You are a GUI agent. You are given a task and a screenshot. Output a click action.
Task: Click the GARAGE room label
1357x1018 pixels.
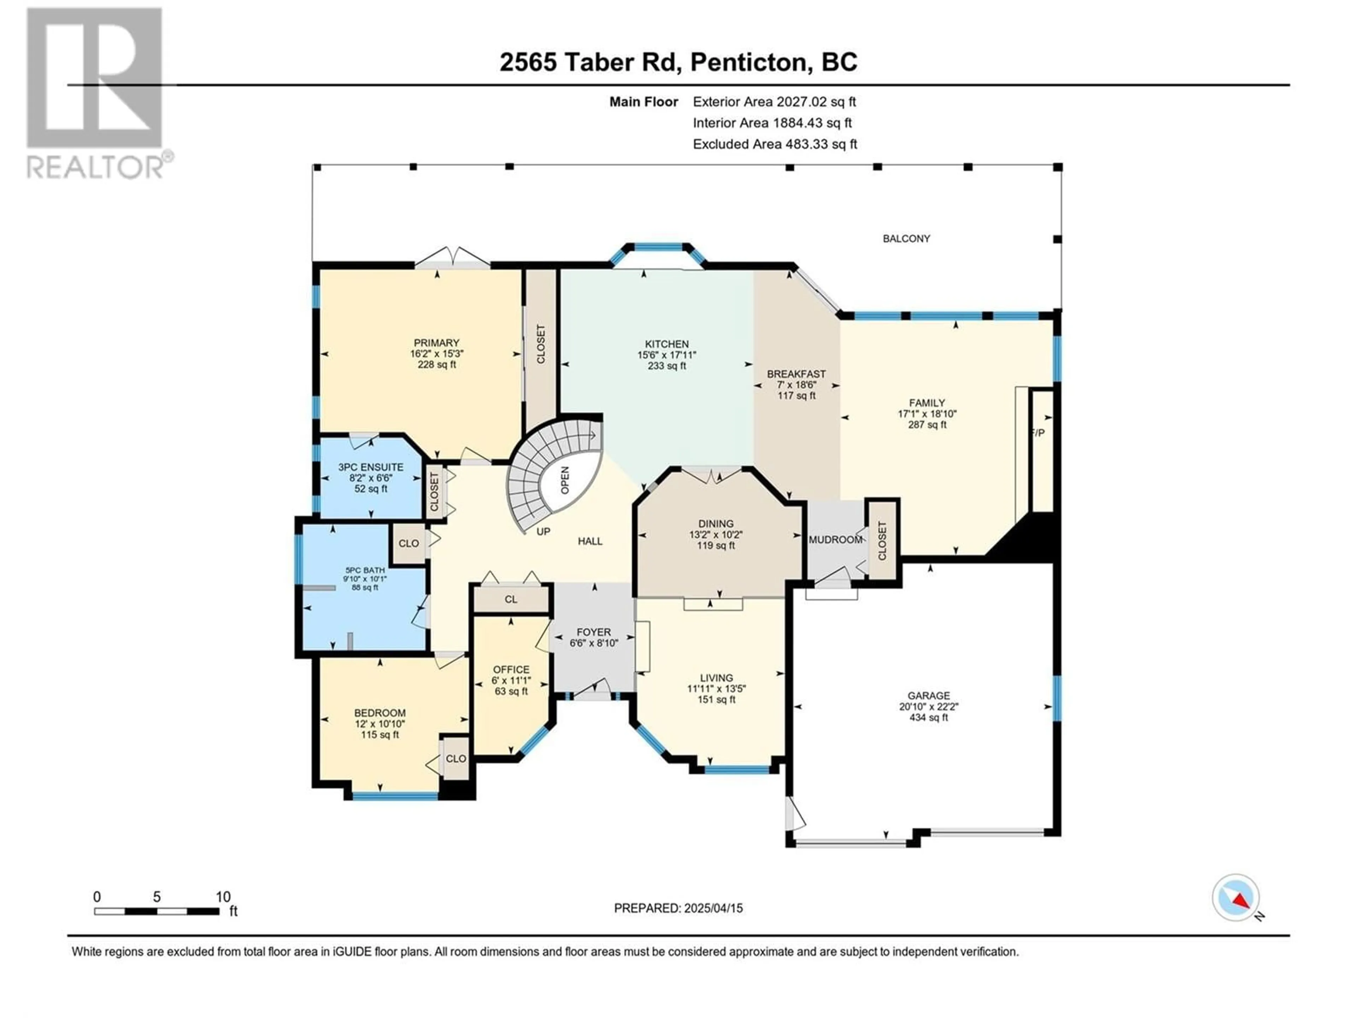point(929,695)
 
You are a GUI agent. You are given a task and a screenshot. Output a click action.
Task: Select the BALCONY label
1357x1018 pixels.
point(906,238)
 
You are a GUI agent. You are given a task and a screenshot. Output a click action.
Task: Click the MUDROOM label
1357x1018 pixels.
point(835,539)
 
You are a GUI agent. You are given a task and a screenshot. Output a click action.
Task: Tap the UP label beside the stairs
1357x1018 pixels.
point(543,531)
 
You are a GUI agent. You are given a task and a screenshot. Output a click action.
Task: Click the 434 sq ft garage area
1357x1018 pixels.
point(929,717)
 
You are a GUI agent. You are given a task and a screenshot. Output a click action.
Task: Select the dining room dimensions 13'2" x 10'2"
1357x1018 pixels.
point(716,534)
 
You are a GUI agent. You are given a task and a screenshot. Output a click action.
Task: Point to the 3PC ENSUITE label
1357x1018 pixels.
point(371,467)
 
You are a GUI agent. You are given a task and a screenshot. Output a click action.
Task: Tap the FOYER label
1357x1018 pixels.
point(594,632)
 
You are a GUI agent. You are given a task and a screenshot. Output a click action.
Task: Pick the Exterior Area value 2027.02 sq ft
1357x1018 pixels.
point(816,102)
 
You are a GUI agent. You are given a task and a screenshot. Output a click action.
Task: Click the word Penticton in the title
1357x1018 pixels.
point(748,62)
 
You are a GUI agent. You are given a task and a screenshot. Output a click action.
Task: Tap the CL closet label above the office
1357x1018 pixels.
point(511,599)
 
